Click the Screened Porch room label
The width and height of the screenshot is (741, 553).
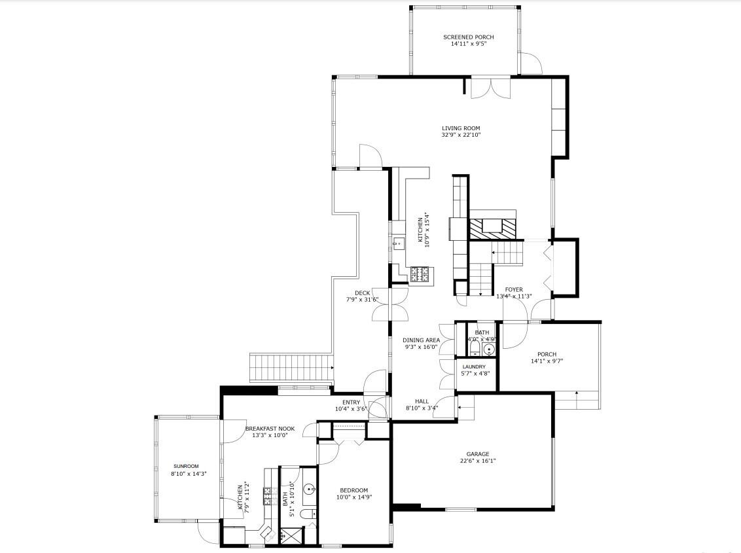468,37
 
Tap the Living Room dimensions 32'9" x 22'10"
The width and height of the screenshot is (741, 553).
461,135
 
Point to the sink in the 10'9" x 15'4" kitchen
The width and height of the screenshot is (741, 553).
397,244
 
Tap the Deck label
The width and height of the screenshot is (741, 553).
363,293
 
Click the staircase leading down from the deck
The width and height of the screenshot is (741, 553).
291,366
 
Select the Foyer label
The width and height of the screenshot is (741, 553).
514,289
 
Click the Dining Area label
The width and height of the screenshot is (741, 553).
421,340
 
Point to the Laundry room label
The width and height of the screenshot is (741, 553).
474,367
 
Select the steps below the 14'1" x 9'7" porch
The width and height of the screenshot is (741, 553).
577,399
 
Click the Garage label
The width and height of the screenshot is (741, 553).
477,454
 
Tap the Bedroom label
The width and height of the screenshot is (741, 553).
353,490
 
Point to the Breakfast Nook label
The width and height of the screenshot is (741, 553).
270,429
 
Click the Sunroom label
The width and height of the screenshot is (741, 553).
185,466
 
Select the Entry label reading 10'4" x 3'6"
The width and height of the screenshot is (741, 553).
351,402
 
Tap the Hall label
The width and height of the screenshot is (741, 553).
422,401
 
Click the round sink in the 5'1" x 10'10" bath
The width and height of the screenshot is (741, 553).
309,489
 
